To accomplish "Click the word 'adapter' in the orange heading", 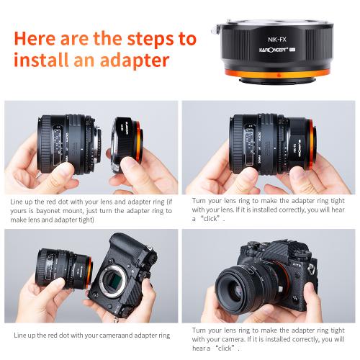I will pyautogui.click(x=130, y=60).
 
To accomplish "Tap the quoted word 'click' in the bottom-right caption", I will pyautogui.click(x=225, y=346).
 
